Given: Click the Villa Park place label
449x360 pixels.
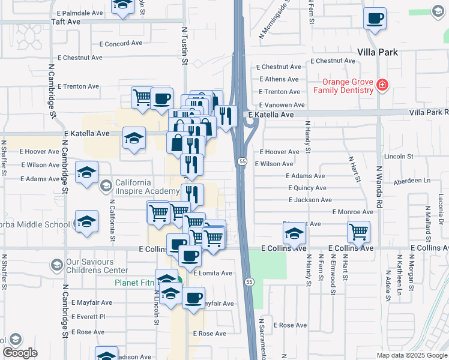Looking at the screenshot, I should tap(378, 52).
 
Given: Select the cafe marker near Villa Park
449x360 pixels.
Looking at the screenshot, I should tap(375, 19).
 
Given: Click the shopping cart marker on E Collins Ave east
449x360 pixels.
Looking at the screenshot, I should tap(358, 231).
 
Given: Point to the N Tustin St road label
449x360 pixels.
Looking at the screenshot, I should tap(185, 46).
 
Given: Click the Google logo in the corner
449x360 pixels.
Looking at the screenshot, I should tap(20, 353).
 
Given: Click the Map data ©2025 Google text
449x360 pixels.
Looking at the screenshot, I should tap(411, 355).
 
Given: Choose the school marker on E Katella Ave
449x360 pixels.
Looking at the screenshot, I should tap(134, 138).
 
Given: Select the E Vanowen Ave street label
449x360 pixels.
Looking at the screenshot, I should tap(282, 105).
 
